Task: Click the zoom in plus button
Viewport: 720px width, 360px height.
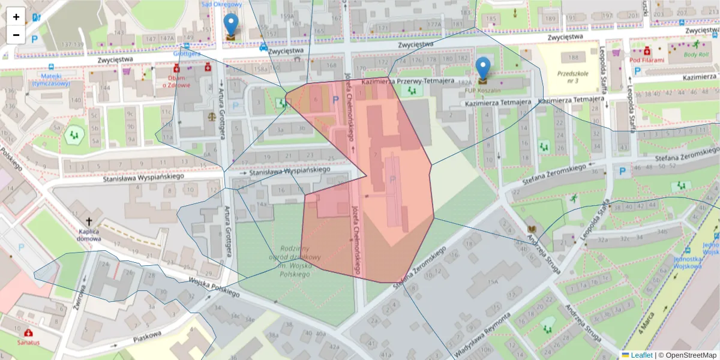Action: coord(16,17)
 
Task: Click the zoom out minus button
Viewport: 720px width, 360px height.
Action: coord(16,35)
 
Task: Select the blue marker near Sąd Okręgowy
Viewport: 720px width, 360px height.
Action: coord(230,26)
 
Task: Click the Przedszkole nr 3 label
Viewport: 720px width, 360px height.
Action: coord(567,76)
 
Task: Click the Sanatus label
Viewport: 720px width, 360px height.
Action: coord(28,342)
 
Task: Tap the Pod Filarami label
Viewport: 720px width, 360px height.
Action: coord(646,60)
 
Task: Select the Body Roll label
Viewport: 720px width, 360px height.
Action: coord(696,54)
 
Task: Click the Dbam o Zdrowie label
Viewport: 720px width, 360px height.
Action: coord(176,80)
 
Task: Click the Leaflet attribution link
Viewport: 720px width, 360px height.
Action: coord(641,355)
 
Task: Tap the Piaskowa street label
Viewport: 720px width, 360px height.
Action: coord(148,337)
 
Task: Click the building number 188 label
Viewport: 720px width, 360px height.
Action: coord(574,58)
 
